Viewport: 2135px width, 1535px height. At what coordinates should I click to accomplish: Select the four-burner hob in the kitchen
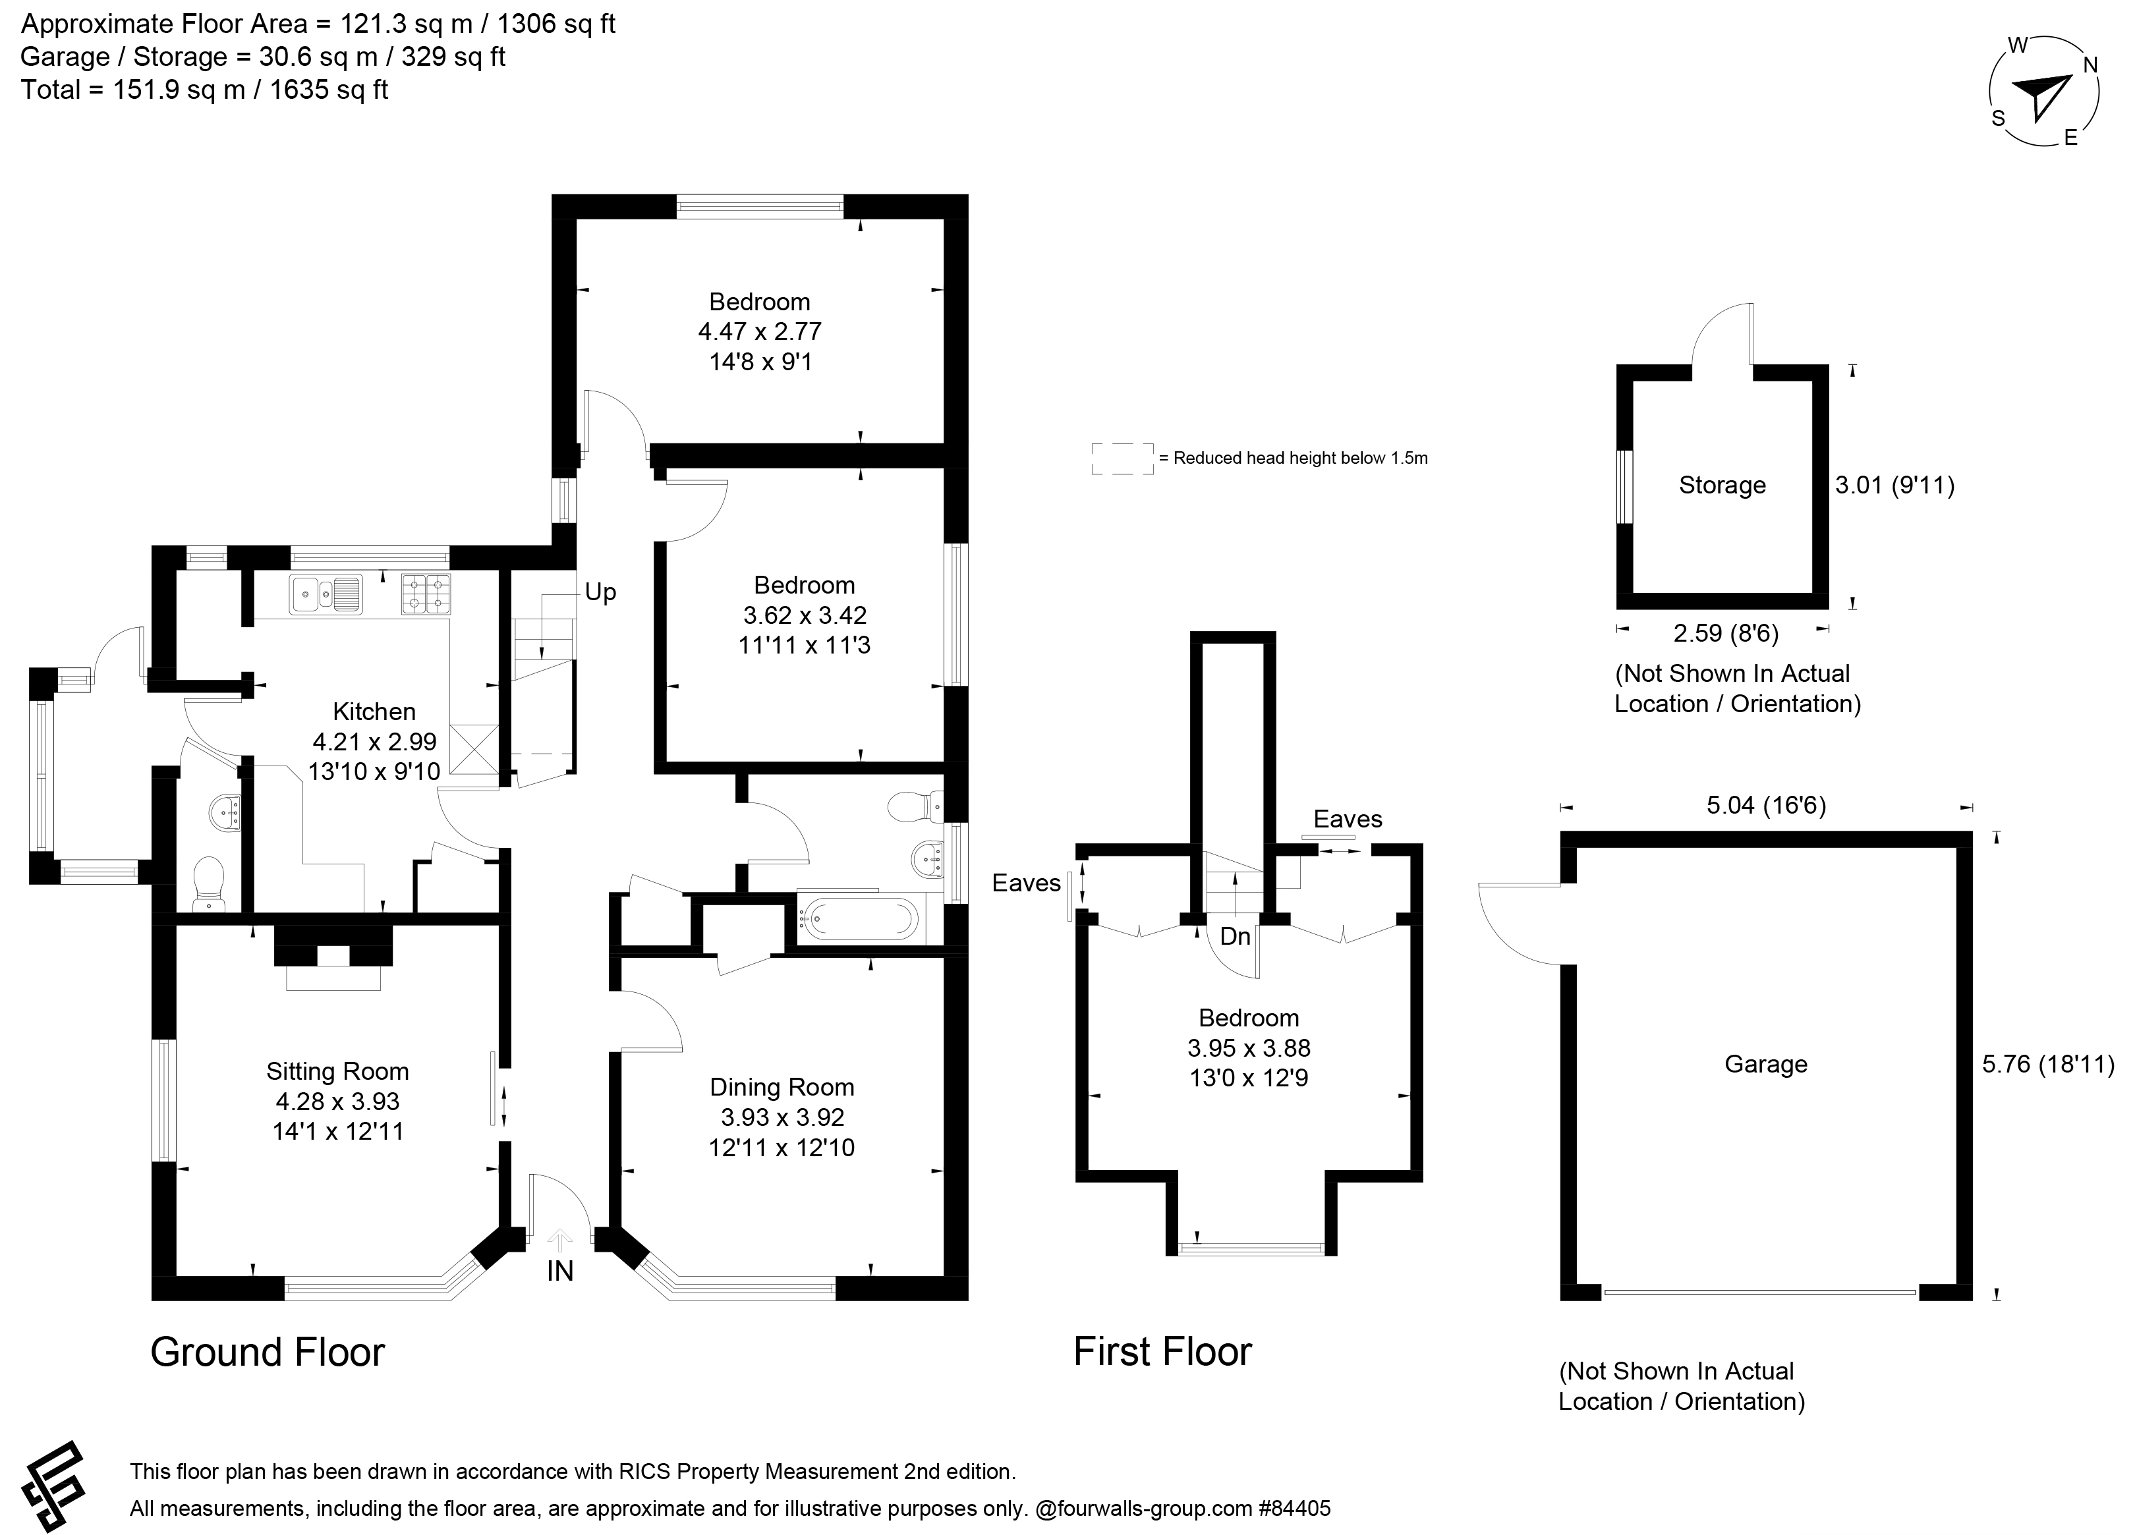(x=426, y=594)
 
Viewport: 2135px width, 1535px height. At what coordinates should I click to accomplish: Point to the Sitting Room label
(x=337, y=1071)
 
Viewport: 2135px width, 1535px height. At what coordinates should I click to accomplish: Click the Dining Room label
(x=782, y=1087)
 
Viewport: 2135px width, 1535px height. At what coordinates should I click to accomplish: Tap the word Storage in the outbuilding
(x=1722, y=486)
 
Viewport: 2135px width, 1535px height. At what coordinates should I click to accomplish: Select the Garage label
(x=1765, y=1065)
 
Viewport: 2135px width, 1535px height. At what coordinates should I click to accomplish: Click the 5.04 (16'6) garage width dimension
(x=1765, y=806)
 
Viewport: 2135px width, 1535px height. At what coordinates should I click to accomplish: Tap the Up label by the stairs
(x=600, y=592)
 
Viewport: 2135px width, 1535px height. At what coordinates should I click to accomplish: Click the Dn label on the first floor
(x=1235, y=936)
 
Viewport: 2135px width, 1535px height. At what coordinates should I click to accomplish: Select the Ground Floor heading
(x=268, y=1353)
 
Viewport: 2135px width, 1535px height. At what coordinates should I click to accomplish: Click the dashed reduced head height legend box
(x=1122, y=459)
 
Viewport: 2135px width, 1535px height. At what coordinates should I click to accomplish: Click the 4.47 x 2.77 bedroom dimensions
(x=760, y=331)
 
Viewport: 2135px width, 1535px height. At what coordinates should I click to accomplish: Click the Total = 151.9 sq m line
(x=204, y=90)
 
